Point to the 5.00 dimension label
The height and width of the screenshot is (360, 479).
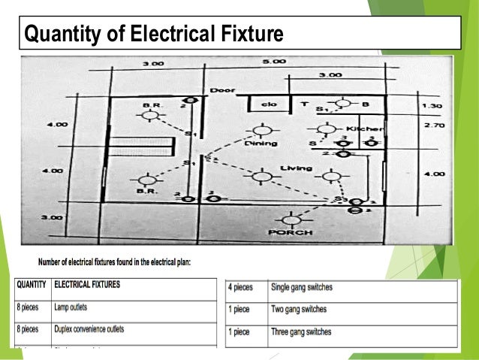[274, 61]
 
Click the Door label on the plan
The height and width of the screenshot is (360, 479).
[221, 89]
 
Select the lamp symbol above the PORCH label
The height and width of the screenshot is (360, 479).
[291, 219]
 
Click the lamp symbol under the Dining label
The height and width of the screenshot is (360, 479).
[261, 177]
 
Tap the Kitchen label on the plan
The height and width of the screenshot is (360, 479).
[368, 129]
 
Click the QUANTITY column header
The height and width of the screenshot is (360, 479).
[30, 286]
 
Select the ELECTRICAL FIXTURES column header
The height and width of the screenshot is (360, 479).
[87, 286]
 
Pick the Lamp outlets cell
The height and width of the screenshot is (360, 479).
[72, 307]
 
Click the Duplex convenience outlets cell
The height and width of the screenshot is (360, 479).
[89, 329]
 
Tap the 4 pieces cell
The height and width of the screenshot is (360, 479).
[243, 287]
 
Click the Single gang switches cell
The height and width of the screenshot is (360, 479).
[303, 287]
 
